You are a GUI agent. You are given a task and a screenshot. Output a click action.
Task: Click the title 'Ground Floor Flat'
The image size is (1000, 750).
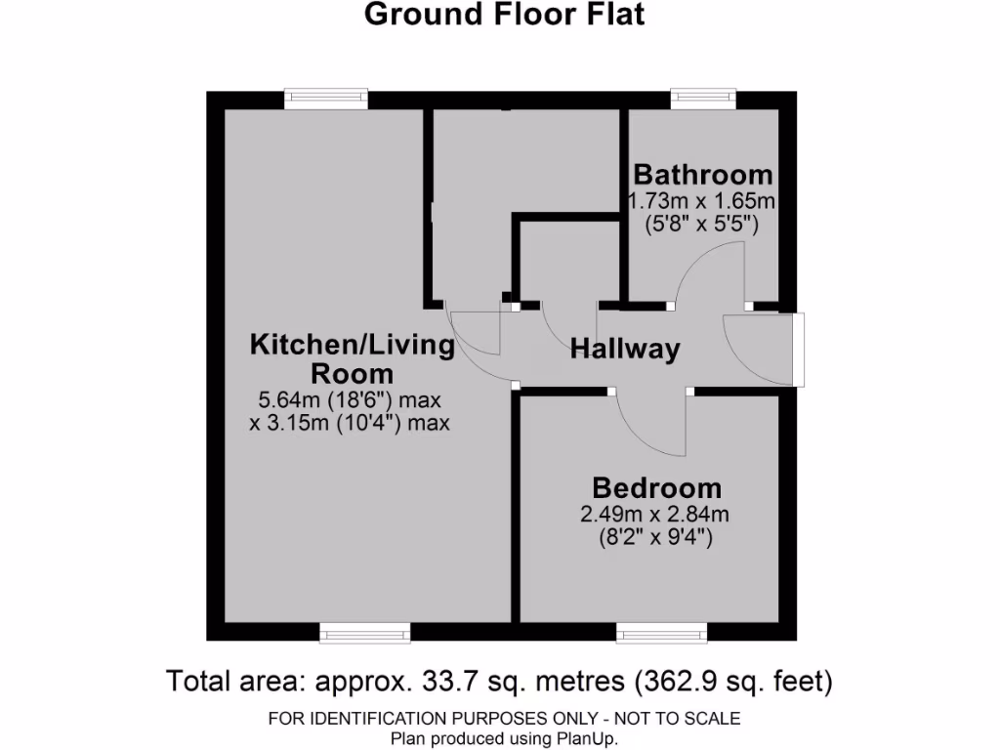(504, 16)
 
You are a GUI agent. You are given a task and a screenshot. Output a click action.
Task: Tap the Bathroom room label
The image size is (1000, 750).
(702, 175)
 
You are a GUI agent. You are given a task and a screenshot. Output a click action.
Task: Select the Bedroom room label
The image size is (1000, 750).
(656, 487)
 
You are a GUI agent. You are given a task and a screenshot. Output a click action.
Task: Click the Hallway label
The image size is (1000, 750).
(625, 350)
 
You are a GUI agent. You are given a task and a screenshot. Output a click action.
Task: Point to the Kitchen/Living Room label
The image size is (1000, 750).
(353, 358)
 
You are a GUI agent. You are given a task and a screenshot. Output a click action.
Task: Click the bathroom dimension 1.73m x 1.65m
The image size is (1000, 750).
(702, 201)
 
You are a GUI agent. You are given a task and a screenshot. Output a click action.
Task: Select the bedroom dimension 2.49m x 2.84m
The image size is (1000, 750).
(656, 515)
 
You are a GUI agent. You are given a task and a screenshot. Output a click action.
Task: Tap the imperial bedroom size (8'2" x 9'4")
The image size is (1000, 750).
(656, 537)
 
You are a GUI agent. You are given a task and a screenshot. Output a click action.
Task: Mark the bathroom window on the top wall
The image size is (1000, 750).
(703, 98)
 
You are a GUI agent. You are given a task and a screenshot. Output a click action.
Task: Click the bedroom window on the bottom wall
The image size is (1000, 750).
(662, 635)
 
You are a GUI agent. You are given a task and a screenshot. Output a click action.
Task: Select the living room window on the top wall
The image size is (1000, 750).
(326, 98)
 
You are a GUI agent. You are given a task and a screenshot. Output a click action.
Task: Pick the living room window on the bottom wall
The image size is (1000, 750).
(365, 635)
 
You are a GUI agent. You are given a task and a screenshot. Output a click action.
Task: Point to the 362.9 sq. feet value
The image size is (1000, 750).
(732, 680)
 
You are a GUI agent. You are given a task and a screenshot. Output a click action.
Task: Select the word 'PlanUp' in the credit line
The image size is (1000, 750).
(587, 739)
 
